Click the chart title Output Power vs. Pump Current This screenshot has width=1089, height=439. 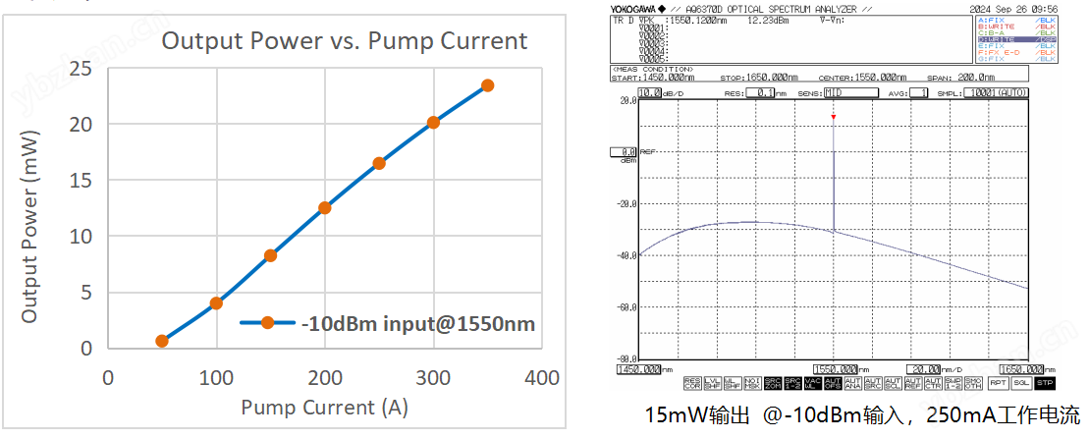coord(344,41)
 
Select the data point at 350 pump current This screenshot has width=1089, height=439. coord(487,85)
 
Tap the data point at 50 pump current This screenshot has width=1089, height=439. coord(162,341)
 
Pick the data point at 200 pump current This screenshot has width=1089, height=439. coord(324,208)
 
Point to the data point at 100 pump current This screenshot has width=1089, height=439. coord(216,303)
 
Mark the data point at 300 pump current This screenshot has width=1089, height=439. coord(433,123)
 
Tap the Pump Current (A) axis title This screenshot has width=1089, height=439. coord(324,408)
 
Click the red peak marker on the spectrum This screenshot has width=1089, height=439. coord(833,118)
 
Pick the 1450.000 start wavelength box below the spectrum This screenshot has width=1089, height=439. coord(639,370)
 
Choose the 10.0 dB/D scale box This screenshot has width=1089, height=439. coord(649,93)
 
